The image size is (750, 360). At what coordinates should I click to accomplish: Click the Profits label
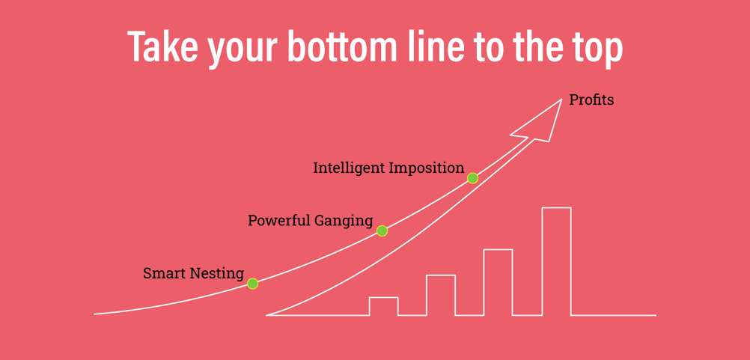click(x=591, y=100)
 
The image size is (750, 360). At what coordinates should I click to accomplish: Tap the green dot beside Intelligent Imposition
click(x=472, y=178)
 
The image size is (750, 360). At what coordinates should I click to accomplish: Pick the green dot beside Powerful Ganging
click(x=382, y=231)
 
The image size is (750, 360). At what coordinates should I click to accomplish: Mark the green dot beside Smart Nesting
click(x=252, y=284)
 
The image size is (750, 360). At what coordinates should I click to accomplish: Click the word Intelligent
click(x=349, y=168)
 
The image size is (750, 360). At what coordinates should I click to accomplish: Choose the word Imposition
click(x=426, y=168)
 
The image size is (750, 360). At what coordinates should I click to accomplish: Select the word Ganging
click(x=343, y=222)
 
